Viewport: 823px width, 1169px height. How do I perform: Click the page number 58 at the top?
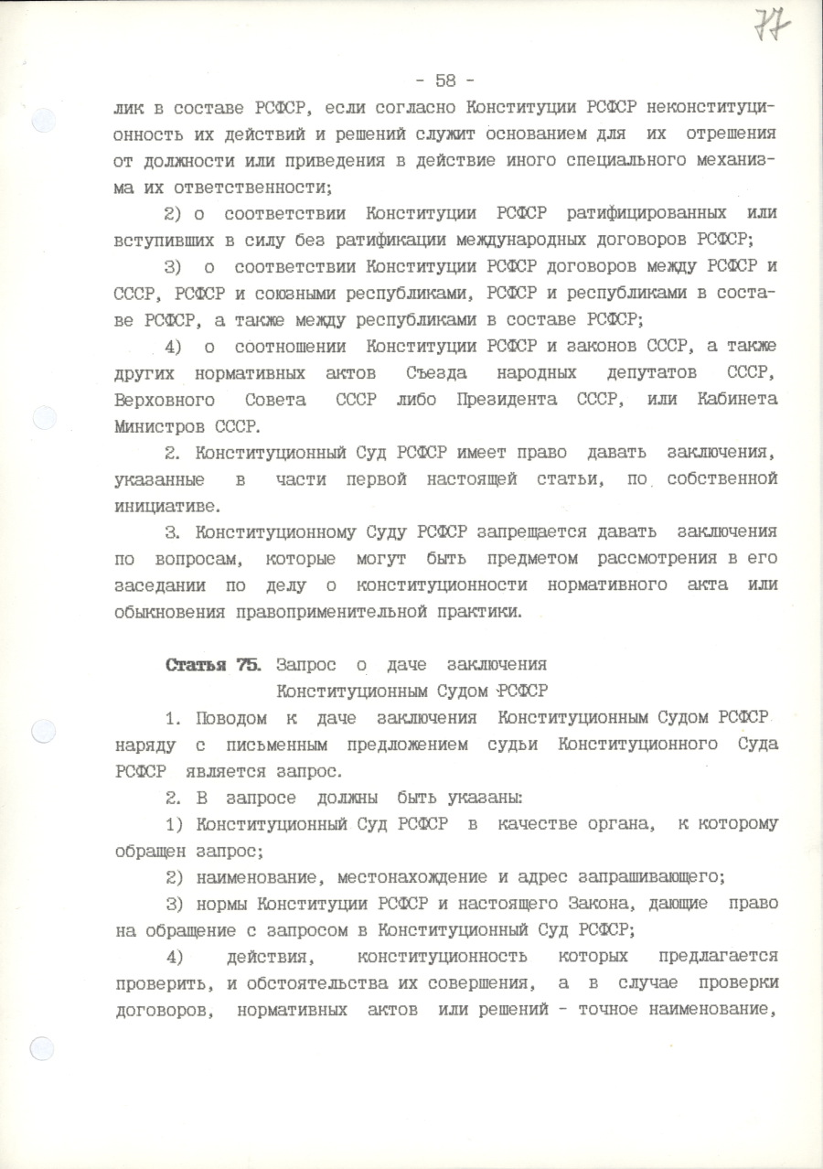click(x=445, y=80)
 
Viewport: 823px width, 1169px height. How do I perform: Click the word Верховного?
click(x=166, y=399)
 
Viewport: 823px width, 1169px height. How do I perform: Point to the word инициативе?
click(x=167, y=504)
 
